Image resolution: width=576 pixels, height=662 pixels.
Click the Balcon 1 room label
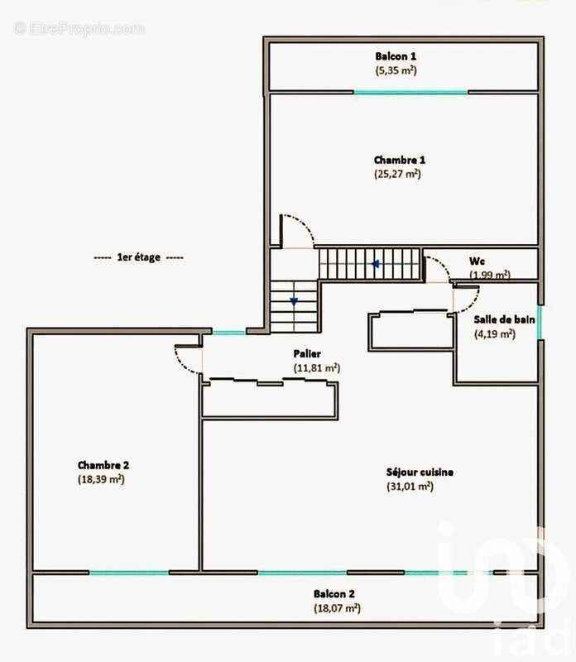[x=396, y=56]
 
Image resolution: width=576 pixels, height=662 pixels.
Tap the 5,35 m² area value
[x=396, y=70]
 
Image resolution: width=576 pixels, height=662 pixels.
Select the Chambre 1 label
[x=399, y=160]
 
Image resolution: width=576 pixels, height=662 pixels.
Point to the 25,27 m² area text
[x=398, y=175]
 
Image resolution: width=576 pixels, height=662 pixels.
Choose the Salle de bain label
[x=504, y=319]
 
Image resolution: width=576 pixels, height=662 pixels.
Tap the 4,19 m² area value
[x=494, y=334]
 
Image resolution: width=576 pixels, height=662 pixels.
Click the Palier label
[x=307, y=353]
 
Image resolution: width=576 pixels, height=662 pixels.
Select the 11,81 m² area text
[x=316, y=367]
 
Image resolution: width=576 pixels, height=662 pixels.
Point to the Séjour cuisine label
[x=420, y=472]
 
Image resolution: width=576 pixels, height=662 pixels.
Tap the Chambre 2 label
[x=103, y=465]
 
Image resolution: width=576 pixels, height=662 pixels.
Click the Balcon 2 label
[x=334, y=593]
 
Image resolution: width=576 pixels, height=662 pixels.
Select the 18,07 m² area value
[x=335, y=608]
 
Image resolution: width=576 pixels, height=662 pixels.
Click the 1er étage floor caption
[x=139, y=257]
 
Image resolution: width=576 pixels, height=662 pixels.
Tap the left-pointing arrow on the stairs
[x=375, y=265]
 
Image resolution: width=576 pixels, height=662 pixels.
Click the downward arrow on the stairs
[x=293, y=302]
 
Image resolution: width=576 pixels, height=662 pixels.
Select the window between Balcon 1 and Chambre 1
[x=410, y=92]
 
